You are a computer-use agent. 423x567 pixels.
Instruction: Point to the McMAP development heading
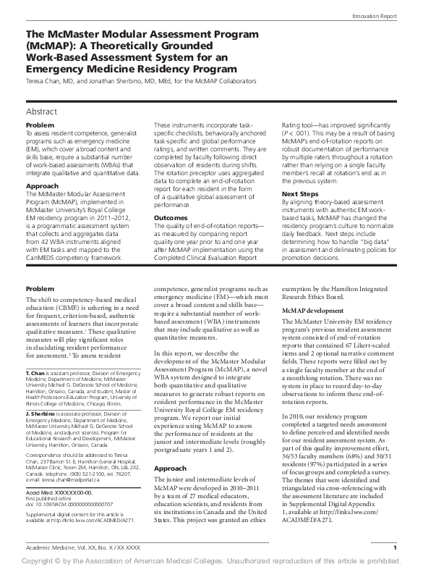coord(307,308)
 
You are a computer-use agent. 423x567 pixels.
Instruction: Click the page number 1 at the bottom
coord(394,548)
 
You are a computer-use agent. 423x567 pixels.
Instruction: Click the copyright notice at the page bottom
coord(211,560)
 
